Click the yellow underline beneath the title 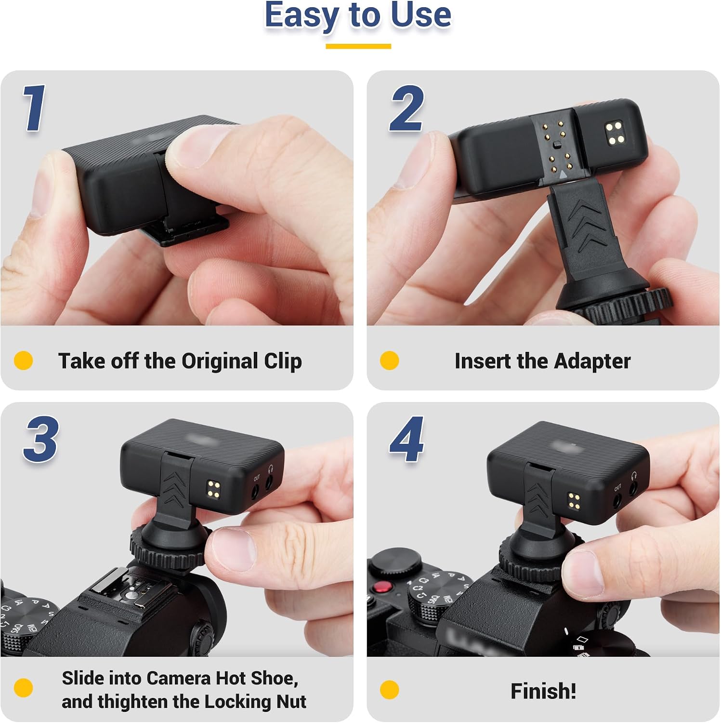[x=358, y=46]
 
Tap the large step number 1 [x=35, y=107]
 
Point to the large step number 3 [x=41, y=439]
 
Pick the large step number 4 [x=407, y=439]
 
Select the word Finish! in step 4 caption [x=543, y=691]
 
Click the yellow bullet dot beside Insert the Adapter [x=389, y=361]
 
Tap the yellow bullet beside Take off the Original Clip [x=23, y=361]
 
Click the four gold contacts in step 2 [x=615, y=133]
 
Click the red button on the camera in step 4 [x=383, y=587]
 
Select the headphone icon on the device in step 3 [x=270, y=468]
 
